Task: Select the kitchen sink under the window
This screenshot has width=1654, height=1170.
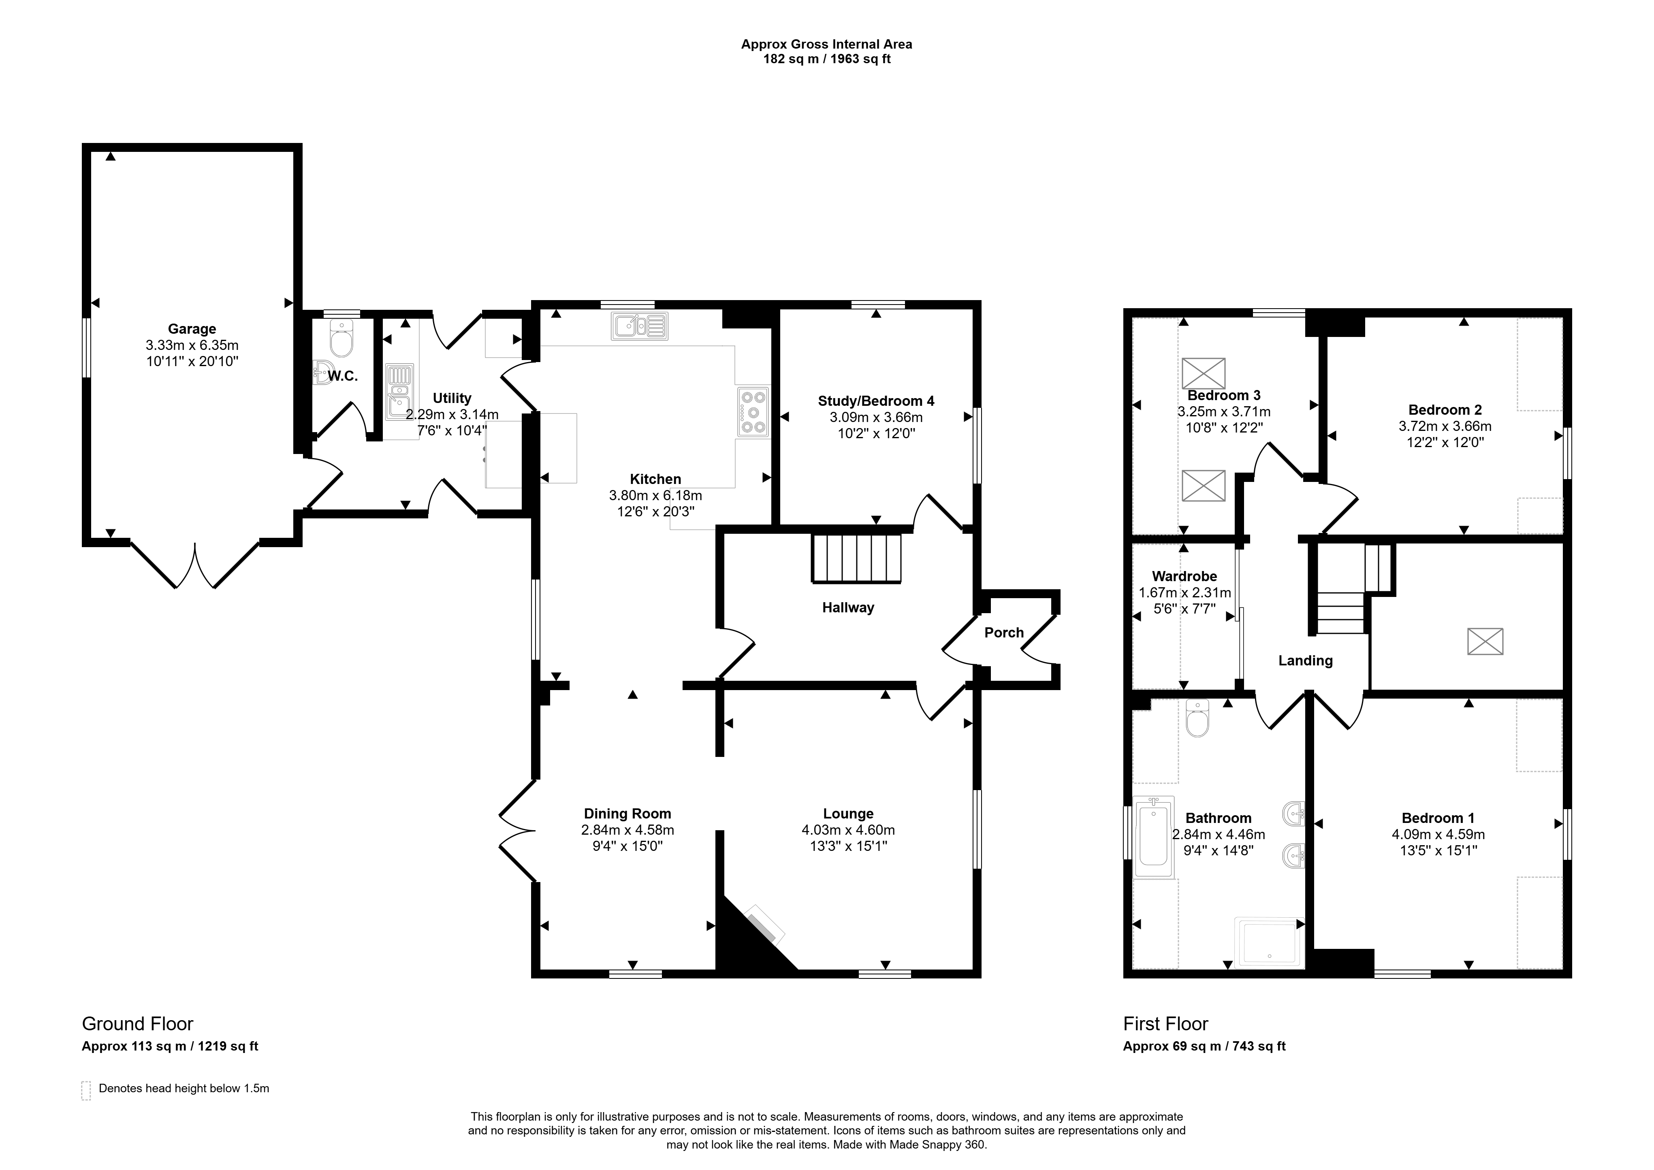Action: pyautogui.click(x=640, y=326)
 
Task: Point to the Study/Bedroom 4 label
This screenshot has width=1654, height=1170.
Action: pyautogui.click(x=876, y=401)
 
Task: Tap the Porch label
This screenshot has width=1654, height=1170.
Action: pyautogui.click(x=1004, y=633)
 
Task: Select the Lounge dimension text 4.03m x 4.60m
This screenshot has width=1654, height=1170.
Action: pyautogui.click(x=848, y=830)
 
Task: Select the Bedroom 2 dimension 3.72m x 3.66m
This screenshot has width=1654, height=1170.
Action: pyautogui.click(x=1445, y=426)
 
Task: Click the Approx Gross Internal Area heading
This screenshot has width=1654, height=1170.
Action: pyautogui.click(x=827, y=44)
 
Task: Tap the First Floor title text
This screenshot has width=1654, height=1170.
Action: pyautogui.click(x=1165, y=1024)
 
